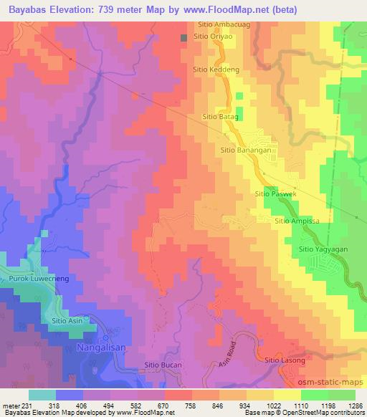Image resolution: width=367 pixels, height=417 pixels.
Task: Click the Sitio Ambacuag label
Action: [x=219, y=24]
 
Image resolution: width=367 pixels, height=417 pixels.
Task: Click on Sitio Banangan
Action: [x=247, y=150]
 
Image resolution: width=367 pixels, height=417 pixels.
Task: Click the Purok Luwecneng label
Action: [x=33, y=277]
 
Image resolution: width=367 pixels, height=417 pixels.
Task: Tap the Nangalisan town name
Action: [x=101, y=347]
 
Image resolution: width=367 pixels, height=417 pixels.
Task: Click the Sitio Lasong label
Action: [x=285, y=360]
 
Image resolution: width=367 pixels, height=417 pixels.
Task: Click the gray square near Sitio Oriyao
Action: [x=184, y=37]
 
